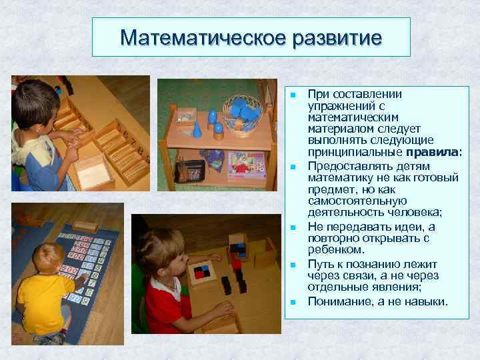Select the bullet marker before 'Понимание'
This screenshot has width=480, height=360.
[x=293, y=302]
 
